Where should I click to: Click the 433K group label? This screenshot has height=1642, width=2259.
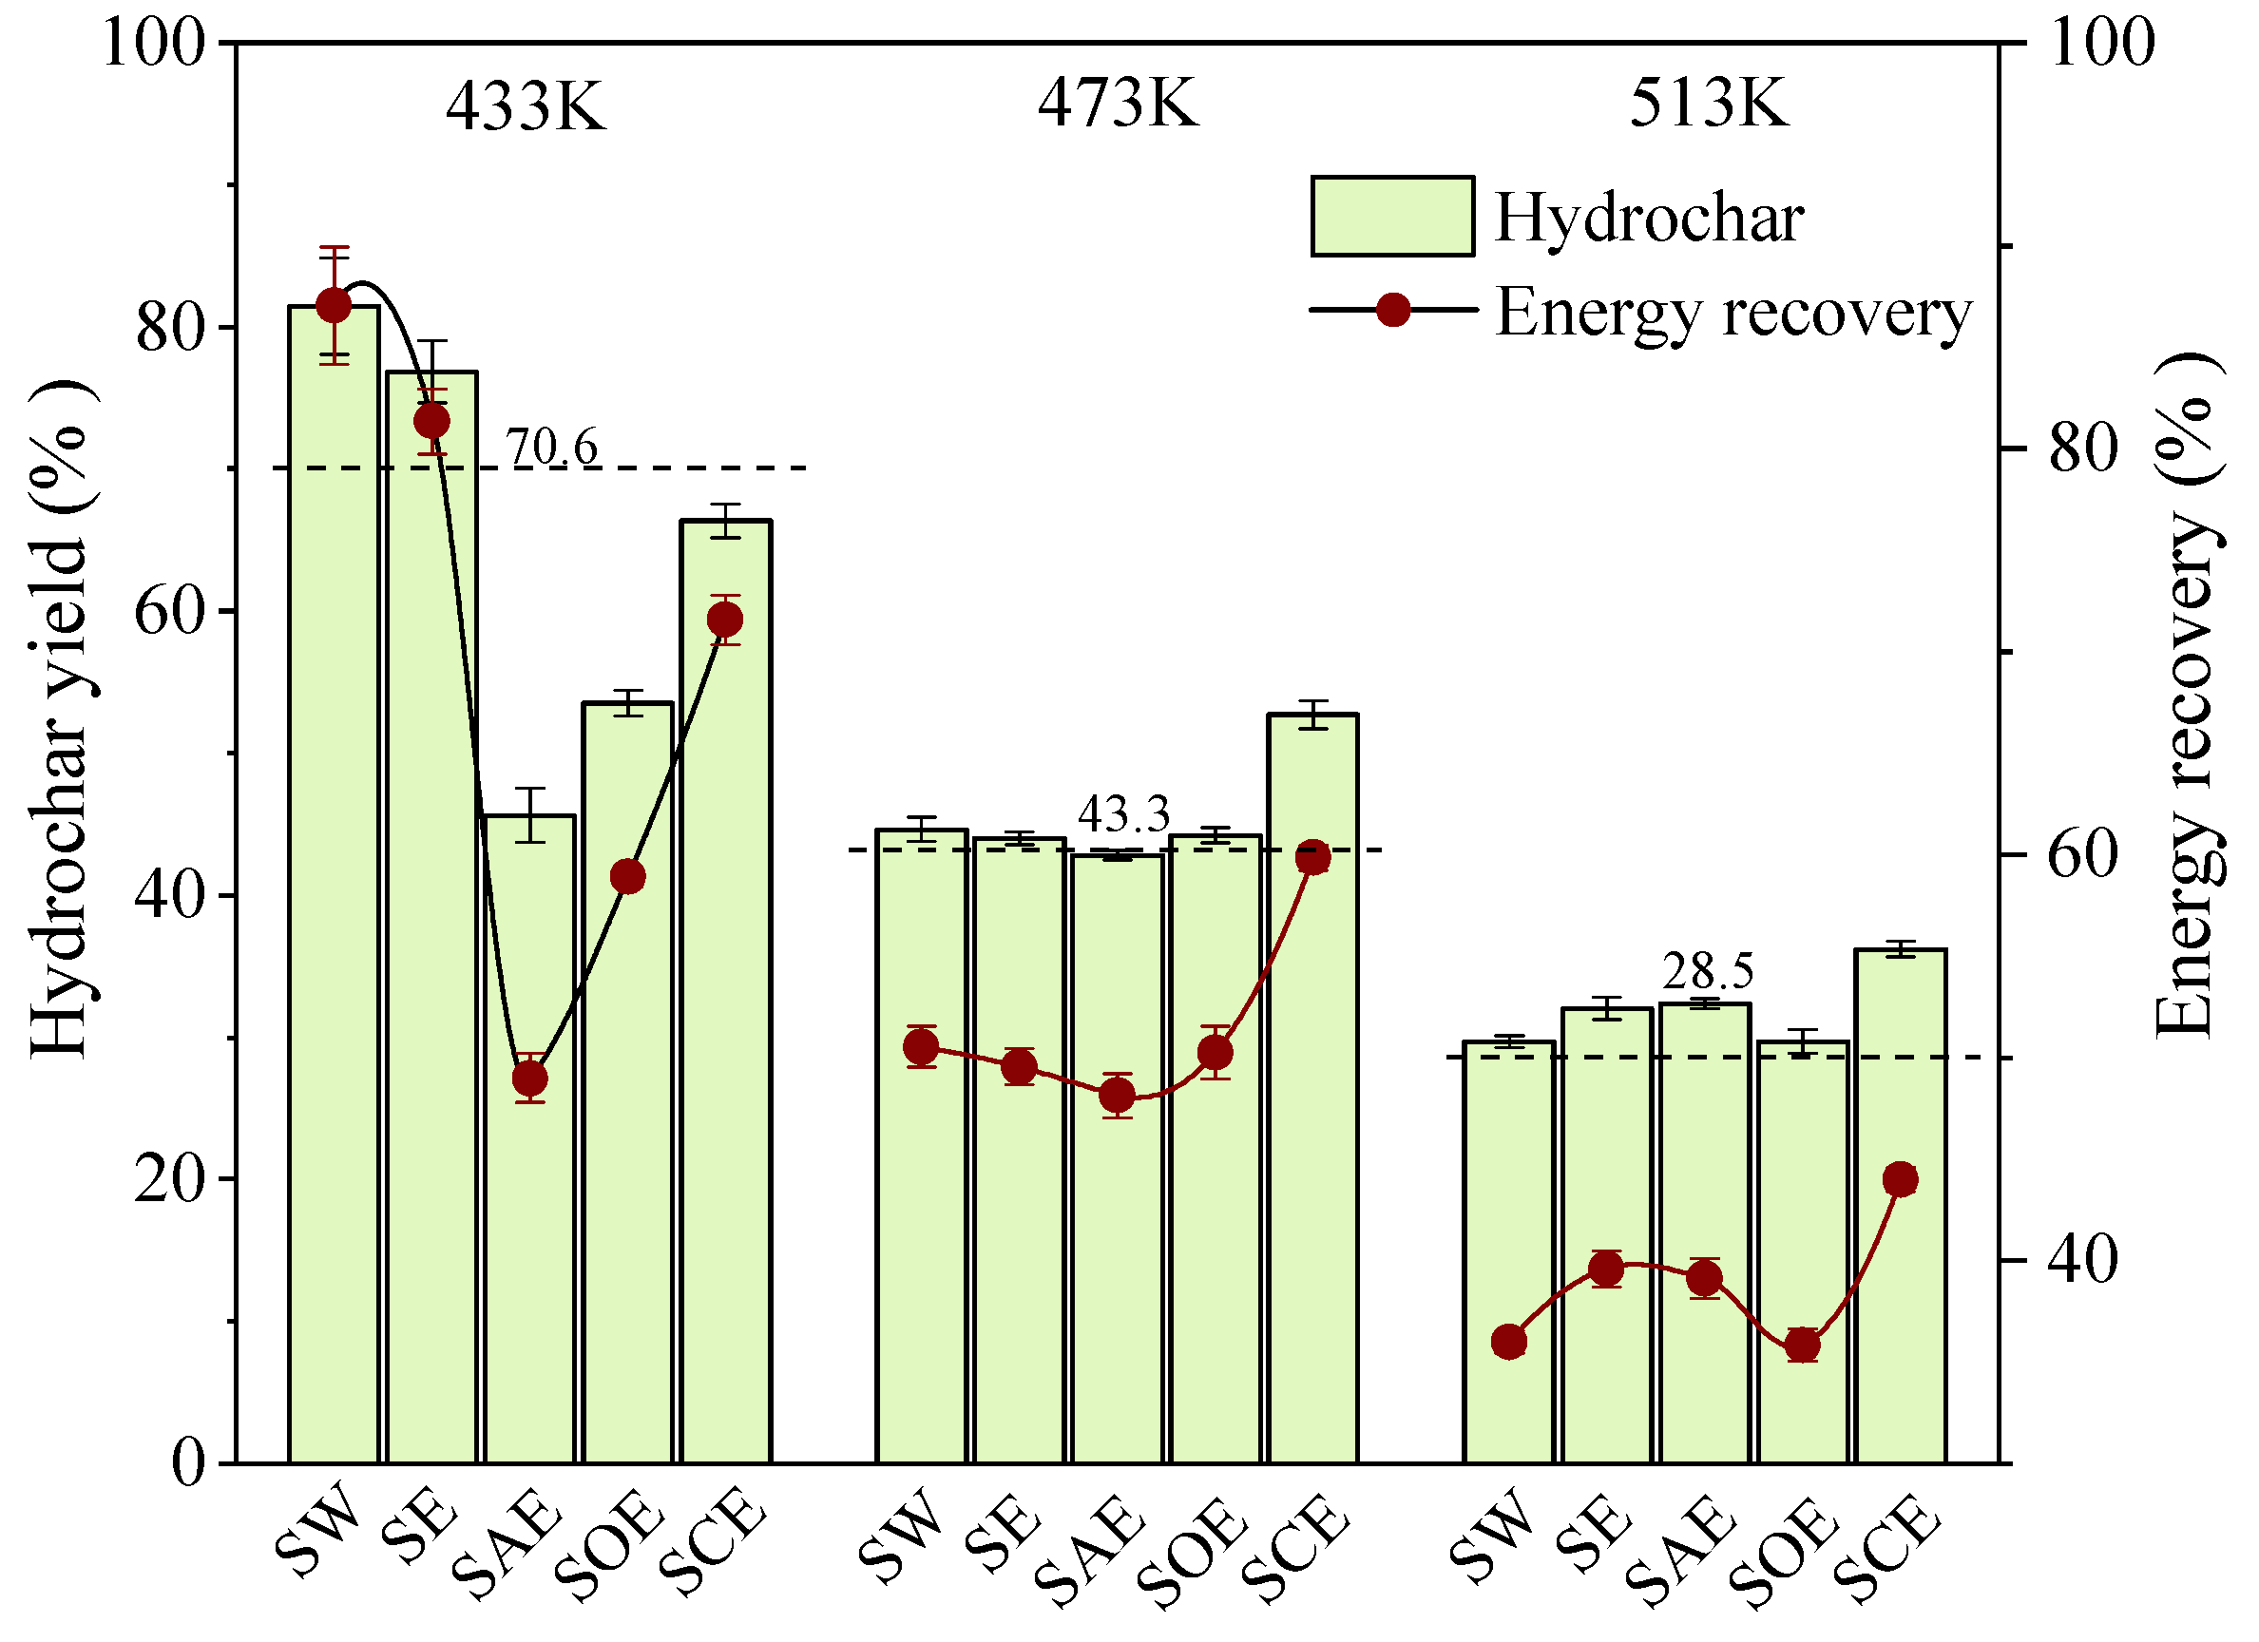525,105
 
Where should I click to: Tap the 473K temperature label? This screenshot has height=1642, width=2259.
1118,103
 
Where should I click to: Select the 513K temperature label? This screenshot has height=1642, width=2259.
1709,103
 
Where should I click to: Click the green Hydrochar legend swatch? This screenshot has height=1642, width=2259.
1391,217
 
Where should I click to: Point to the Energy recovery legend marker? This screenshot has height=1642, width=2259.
1392,310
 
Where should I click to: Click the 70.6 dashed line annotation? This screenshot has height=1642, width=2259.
552,448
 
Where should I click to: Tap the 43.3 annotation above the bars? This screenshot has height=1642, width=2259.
1123,814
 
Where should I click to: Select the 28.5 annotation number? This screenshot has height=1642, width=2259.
1708,971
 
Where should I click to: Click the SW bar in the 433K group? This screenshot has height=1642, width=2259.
334,896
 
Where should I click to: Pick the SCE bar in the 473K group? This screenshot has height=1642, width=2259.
1312,1096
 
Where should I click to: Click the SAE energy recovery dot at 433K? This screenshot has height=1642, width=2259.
530,1079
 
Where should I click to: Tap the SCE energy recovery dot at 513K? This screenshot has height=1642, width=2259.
1901,1180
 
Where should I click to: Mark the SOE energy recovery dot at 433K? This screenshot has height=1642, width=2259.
627,877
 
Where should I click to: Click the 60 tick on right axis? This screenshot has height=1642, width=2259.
2080,854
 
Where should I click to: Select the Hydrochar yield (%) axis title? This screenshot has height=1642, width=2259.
60,716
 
